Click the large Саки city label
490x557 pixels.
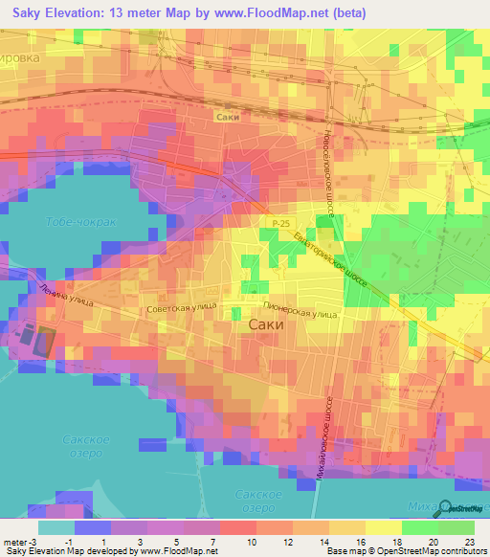coord(265,324)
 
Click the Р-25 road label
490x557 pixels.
coord(278,222)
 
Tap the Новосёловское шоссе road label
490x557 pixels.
coord(327,172)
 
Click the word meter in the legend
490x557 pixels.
coord(13,542)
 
